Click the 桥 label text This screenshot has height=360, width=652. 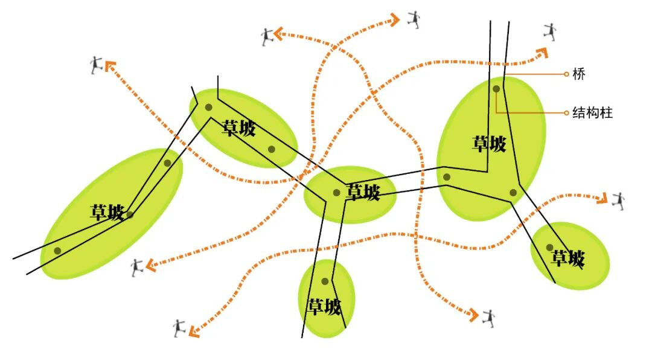point(579,74)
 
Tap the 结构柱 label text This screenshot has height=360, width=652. point(592,112)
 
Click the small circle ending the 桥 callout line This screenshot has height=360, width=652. point(566,74)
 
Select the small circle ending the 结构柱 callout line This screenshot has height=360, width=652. point(566,112)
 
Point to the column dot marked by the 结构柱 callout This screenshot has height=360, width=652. point(496,89)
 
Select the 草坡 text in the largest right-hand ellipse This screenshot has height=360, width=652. point(489,144)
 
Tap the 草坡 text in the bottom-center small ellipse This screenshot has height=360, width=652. point(325,307)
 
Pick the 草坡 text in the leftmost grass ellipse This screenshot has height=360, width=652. point(107,212)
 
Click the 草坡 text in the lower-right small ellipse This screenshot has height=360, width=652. point(568,259)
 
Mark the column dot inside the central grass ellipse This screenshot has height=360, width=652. point(336,193)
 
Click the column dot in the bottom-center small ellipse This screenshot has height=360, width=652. point(325,281)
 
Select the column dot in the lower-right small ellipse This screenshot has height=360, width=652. point(549,247)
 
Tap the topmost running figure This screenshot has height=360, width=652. point(414,19)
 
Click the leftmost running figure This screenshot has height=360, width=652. point(96,65)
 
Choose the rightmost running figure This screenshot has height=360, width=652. point(618,201)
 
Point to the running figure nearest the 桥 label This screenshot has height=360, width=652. point(549,32)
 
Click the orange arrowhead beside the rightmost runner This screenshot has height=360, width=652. point(601,199)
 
